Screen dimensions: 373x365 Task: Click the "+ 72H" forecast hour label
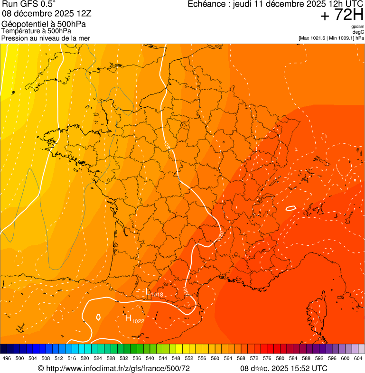[342, 15]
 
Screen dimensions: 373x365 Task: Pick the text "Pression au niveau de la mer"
[46, 38]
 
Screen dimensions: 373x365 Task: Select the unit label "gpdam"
[357, 27]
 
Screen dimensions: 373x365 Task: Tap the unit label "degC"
[358, 32]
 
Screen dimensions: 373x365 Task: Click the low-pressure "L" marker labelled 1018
[148, 292]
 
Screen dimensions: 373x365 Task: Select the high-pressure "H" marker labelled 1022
[128, 318]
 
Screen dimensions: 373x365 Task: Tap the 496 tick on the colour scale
[7, 359]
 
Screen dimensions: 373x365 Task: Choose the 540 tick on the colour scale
[150, 359]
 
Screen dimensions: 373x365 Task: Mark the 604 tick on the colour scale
[358, 359]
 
